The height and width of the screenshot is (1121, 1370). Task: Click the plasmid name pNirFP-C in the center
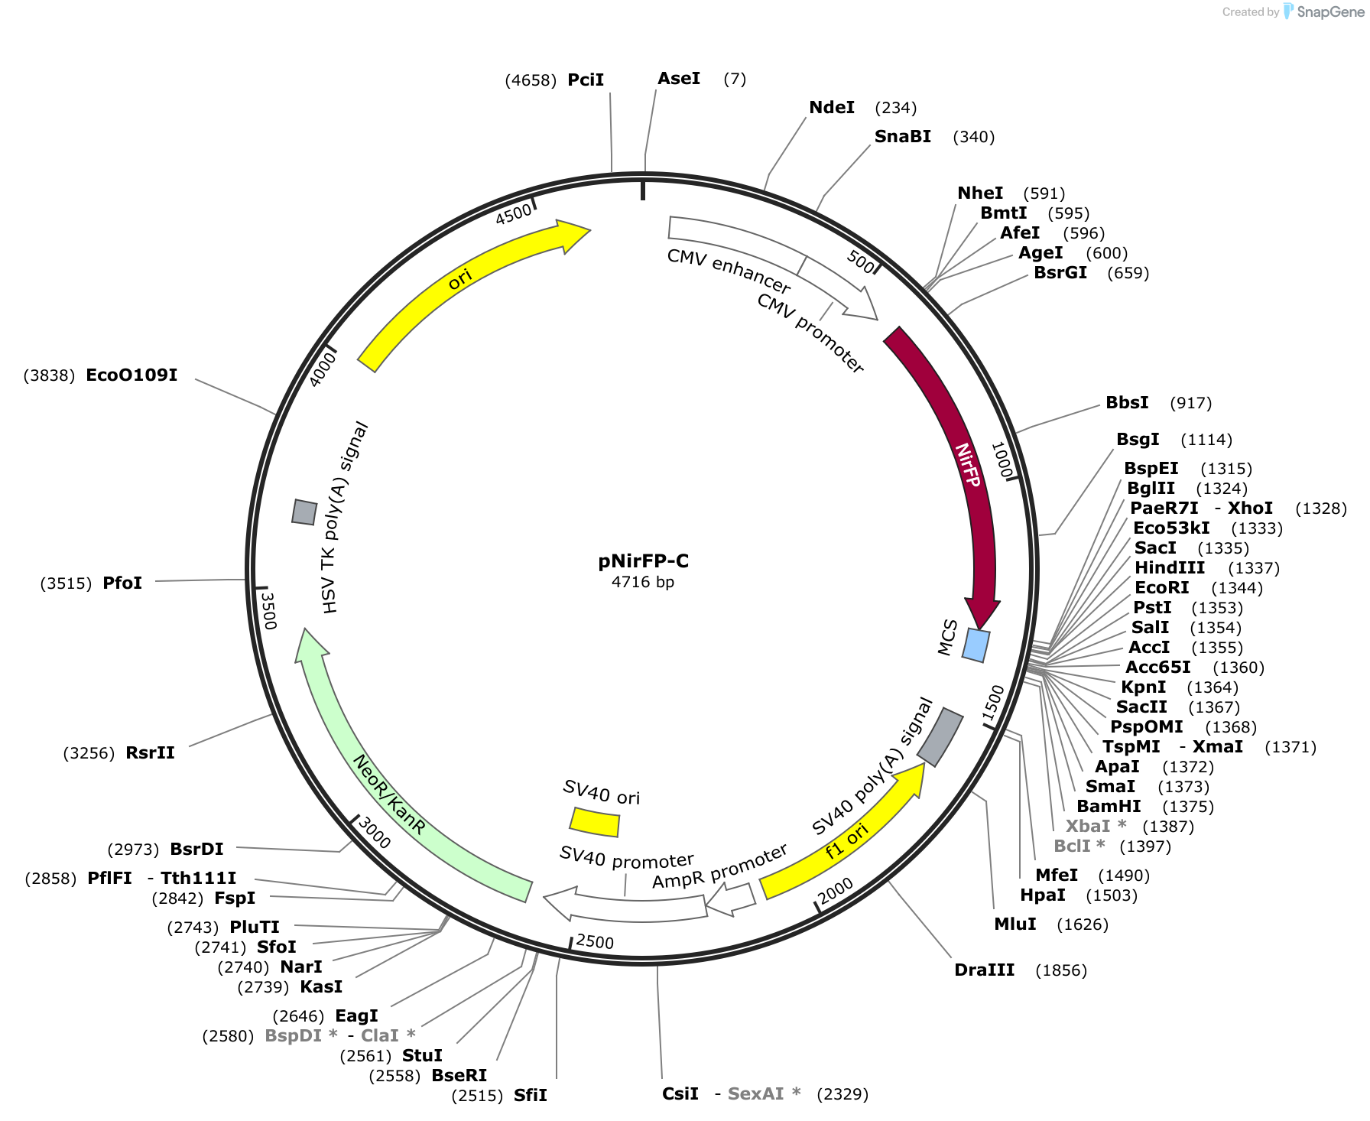pyautogui.click(x=643, y=561)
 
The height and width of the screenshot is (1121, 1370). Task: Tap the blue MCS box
pyautogui.click(x=976, y=645)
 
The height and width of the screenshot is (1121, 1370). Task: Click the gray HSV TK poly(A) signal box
pyautogui.click(x=304, y=512)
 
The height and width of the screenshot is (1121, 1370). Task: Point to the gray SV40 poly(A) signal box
pyautogui.click(x=940, y=736)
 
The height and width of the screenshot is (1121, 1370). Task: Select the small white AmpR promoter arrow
pyautogui.click(x=731, y=899)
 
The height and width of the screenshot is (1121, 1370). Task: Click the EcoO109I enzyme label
pyautogui.click(x=131, y=375)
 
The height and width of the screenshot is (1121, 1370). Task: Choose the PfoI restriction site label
pyautogui.click(x=122, y=583)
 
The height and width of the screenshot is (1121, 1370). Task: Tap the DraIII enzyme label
pyautogui.click(x=984, y=970)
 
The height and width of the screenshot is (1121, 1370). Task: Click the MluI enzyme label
pyautogui.click(x=1015, y=924)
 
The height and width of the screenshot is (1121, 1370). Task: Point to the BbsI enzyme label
pyautogui.click(x=1127, y=403)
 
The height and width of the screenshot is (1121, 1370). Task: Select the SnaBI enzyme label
pyautogui.click(x=902, y=137)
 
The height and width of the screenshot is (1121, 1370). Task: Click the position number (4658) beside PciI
pyautogui.click(x=531, y=80)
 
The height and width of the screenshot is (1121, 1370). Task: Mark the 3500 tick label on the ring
pyautogui.click(x=268, y=609)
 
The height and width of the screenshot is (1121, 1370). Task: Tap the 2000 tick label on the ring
pyautogui.click(x=836, y=891)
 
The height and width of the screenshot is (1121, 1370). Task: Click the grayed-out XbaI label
pyautogui.click(x=1087, y=827)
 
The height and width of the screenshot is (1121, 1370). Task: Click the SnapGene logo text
pyautogui.click(x=1330, y=12)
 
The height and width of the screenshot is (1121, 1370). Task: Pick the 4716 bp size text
pyautogui.click(x=643, y=582)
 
